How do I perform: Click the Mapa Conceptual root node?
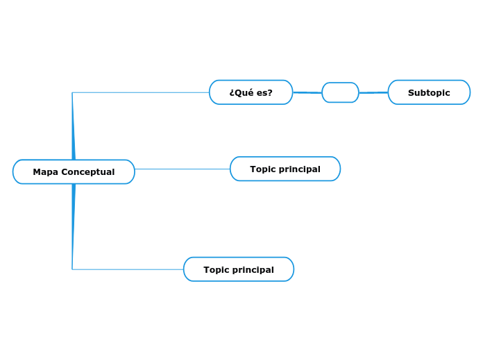coord(74,171)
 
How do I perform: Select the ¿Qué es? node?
coord(251,92)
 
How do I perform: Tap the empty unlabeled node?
coord(340,92)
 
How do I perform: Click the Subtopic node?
coord(429,92)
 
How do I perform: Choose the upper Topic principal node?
coord(285,169)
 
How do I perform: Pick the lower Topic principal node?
coord(239,269)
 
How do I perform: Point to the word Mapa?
coord(45,172)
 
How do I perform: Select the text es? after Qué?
coord(264,93)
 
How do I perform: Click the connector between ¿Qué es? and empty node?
coord(307,92)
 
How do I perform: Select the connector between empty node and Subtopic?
coord(373,92)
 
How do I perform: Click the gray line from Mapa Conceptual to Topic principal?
coord(182,169)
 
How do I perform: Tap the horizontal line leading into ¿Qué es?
coord(139,92)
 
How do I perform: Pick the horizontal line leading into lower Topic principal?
coord(128,269)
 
